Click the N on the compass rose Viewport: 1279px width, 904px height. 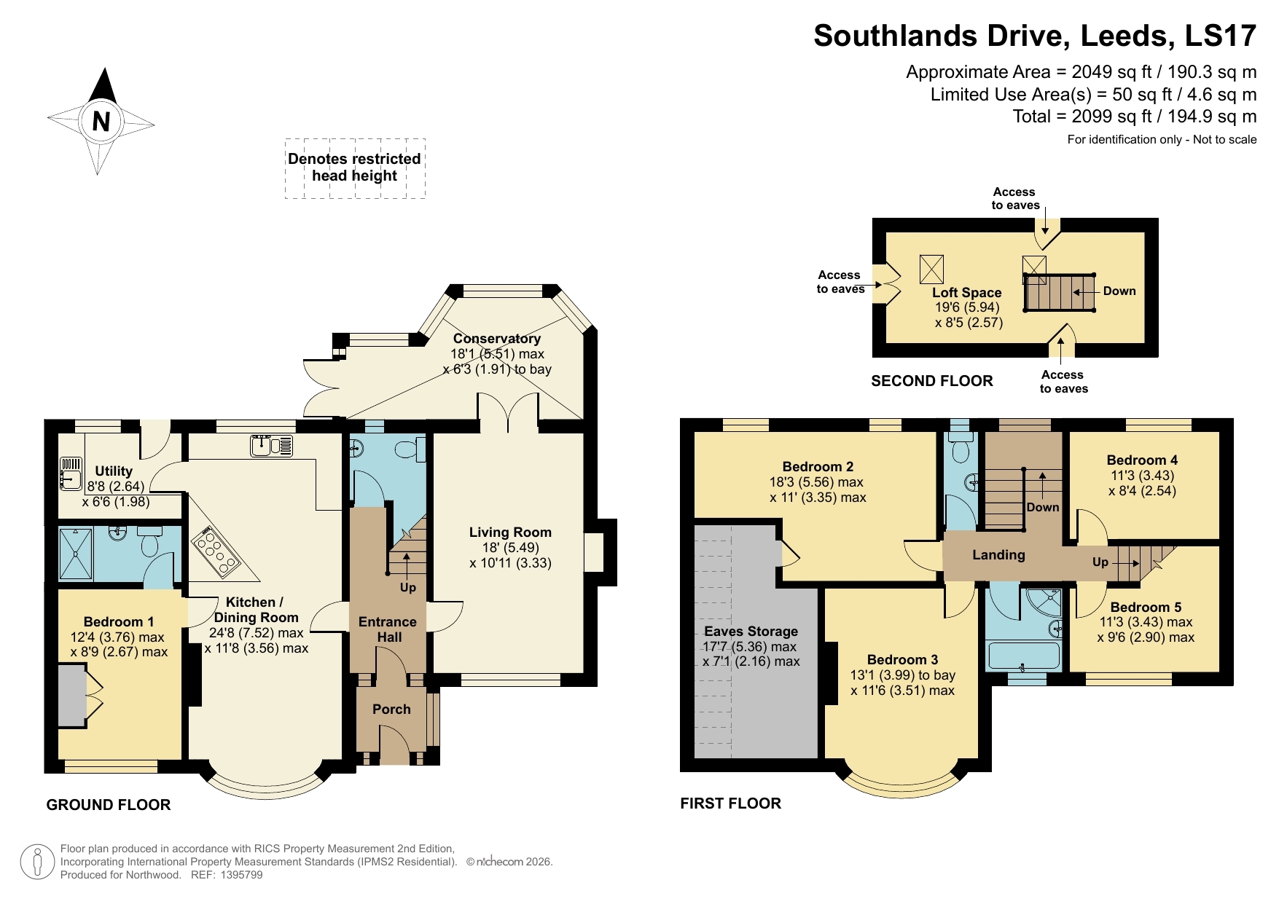[x=101, y=121]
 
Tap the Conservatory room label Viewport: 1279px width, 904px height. [x=497, y=339]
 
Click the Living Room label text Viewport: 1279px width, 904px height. [x=510, y=532]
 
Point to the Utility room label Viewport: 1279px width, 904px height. [x=114, y=471]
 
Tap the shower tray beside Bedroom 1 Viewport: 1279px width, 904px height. [x=76, y=554]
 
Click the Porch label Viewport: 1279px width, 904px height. [x=391, y=710]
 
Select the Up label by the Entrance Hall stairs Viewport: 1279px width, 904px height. [x=407, y=587]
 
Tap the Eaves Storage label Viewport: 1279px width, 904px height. [x=751, y=632]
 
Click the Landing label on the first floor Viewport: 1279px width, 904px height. [x=998, y=555]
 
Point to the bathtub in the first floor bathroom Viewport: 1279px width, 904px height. [x=1023, y=656]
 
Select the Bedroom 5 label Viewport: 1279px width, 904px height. [x=1146, y=608]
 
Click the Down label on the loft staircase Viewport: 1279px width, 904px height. [x=1119, y=291]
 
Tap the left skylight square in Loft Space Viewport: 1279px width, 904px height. [x=931, y=269]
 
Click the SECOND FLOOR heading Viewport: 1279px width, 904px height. [x=931, y=381]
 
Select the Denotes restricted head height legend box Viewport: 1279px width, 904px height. [x=355, y=168]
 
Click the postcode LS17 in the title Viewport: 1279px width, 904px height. [x=1221, y=36]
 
